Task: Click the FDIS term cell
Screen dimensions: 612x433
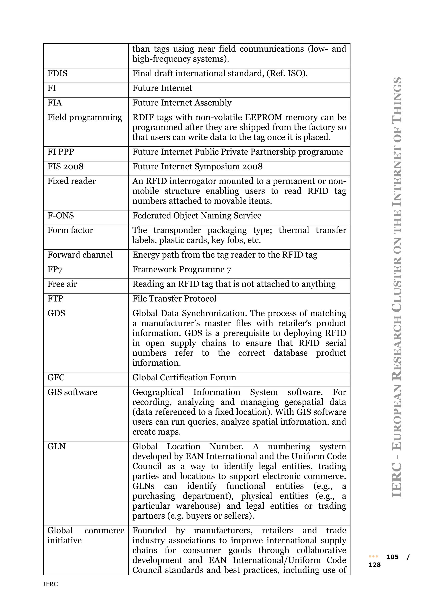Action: pyautogui.click(x=57, y=73)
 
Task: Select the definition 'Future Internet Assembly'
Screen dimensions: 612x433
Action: pyautogui.click(x=182, y=103)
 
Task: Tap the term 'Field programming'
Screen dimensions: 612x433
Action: pyautogui.click(x=85, y=117)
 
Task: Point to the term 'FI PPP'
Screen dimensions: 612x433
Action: pyautogui.click(x=61, y=152)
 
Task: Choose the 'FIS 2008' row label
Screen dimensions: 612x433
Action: pyautogui.click(x=65, y=166)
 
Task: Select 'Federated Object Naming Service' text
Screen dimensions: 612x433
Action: pyautogui.click(x=197, y=215)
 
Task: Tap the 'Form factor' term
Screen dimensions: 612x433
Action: pyautogui.click(x=70, y=230)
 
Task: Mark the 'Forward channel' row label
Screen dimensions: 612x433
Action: pyautogui.click(x=80, y=255)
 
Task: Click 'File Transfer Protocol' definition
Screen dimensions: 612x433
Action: pyautogui.click(x=174, y=299)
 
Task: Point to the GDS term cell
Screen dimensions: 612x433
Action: pyautogui.click(x=56, y=313)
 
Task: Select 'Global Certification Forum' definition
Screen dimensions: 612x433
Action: pyautogui.click(x=184, y=377)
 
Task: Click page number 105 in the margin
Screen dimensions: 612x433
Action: pyautogui.click(x=392, y=557)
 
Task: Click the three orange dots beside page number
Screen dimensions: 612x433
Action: pyautogui.click(x=373, y=557)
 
